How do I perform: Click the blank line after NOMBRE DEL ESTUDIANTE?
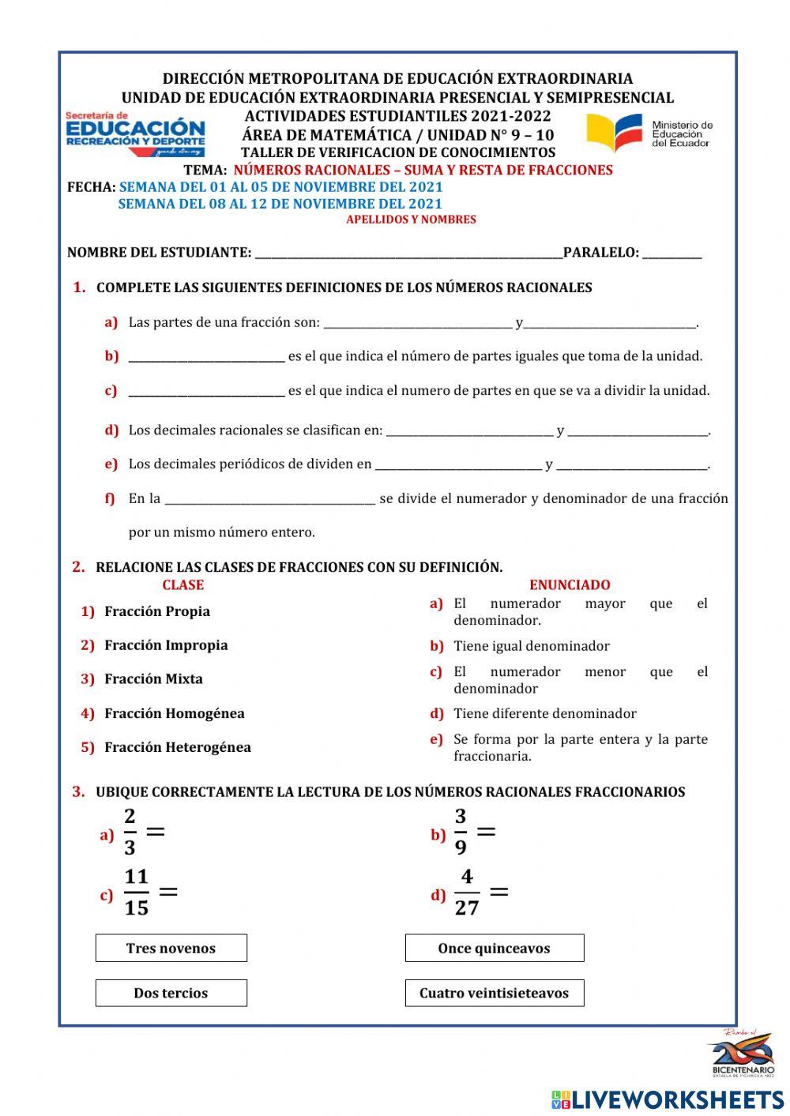(408, 254)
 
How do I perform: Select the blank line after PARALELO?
(671, 254)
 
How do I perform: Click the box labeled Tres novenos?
(171, 948)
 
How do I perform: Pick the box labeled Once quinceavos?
(494, 948)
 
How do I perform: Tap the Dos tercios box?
(171, 993)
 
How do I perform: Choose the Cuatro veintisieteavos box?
(494, 993)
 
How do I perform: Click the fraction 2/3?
(130, 832)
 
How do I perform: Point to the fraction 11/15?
(136, 892)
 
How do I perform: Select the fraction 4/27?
(467, 892)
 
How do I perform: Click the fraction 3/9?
(461, 832)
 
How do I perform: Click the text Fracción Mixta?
(153, 679)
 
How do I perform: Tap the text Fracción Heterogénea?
(178, 747)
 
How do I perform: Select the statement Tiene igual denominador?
(531, 646)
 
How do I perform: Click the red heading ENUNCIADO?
(570, 585)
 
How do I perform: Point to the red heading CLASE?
(182, 585)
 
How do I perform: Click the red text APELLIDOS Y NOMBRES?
(411, 220)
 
